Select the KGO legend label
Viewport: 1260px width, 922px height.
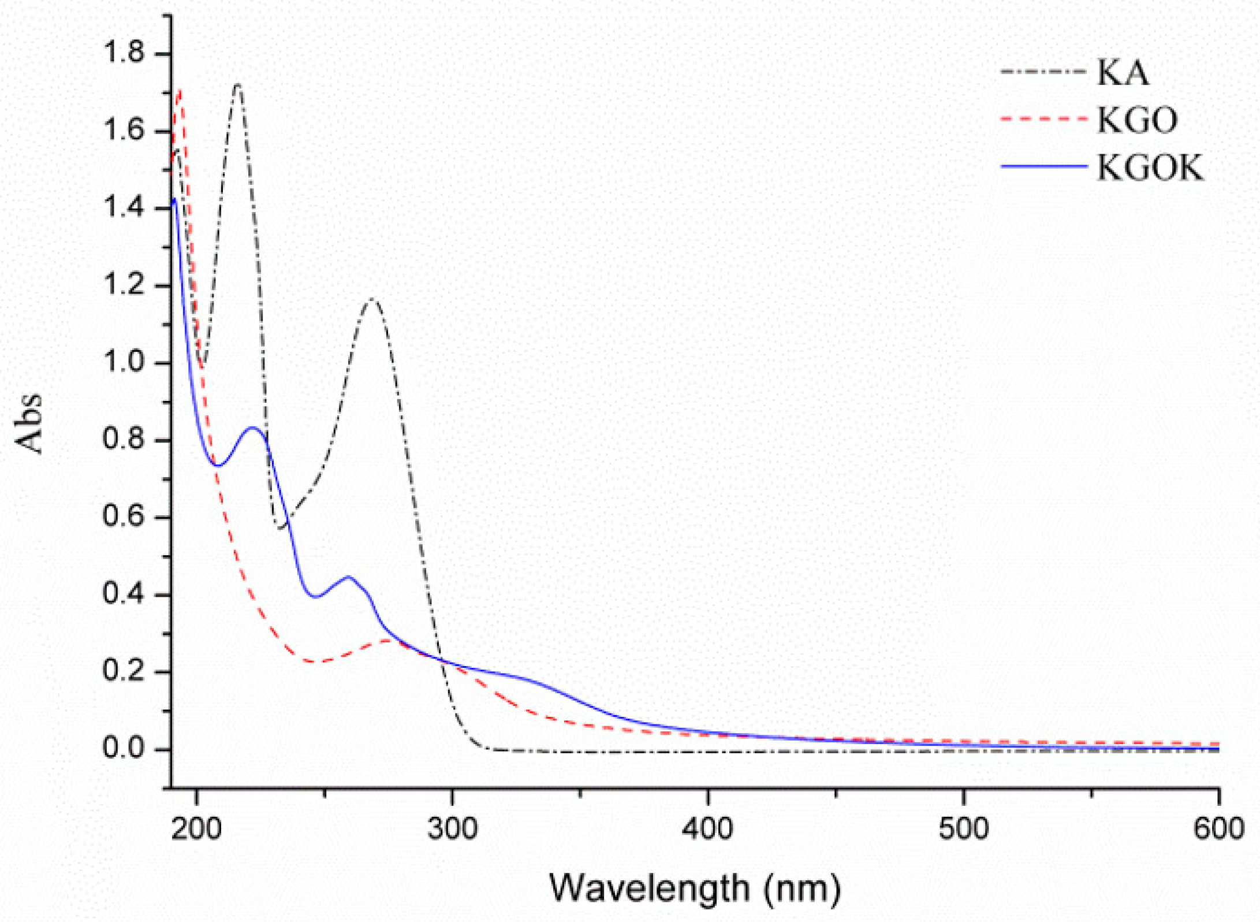1136,120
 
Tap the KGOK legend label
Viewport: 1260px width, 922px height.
1150,168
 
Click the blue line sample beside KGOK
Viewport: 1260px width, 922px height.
1043,167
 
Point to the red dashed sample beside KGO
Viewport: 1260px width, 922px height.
1043,119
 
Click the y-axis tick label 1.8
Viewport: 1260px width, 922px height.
123,53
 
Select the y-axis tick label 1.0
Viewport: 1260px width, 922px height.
123,362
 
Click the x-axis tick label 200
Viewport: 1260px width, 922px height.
197,830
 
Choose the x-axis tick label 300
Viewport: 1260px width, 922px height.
452,830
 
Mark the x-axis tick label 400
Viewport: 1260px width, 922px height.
707,830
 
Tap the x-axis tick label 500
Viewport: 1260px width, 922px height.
963,830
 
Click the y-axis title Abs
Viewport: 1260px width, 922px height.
29,423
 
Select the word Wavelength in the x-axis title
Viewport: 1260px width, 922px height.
649,888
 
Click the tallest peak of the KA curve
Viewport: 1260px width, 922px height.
237,85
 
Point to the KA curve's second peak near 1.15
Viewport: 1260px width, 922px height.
372,299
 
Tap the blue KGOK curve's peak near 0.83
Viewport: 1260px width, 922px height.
252,427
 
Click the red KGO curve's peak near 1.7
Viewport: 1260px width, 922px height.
180,91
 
